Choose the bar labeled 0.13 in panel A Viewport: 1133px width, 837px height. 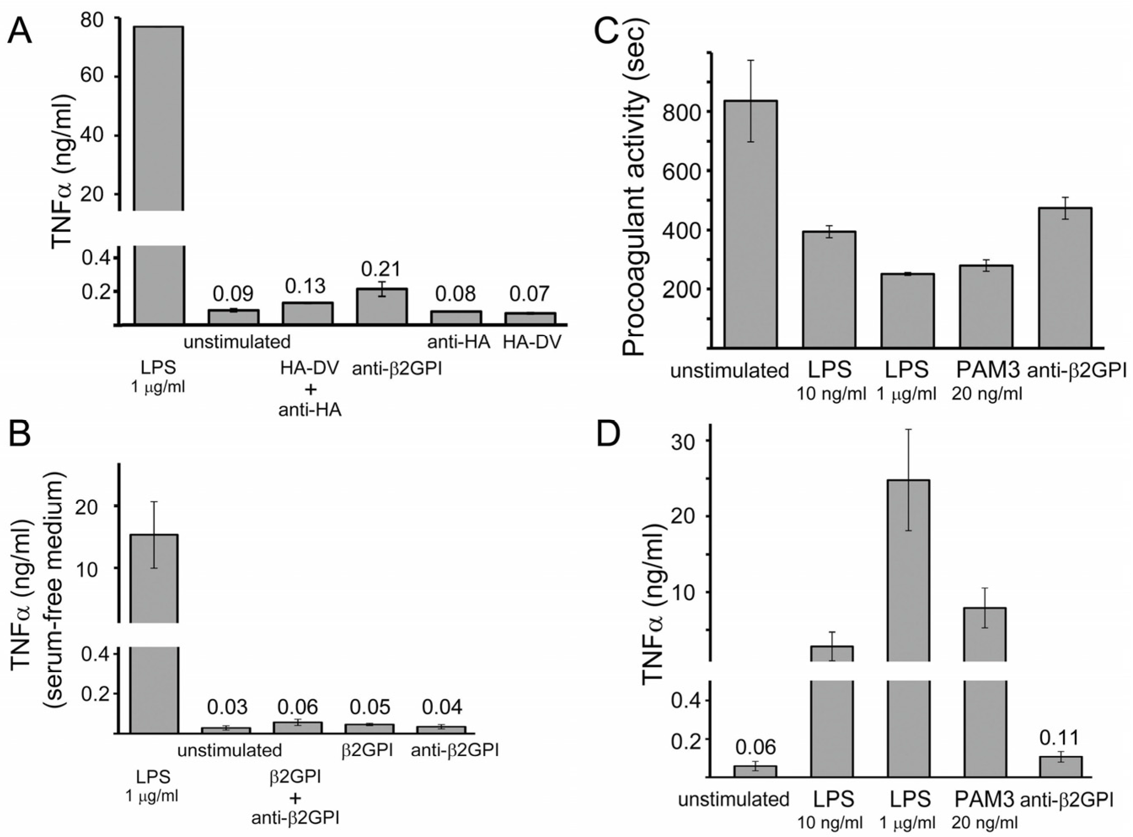307,313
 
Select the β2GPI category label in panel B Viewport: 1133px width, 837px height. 368,750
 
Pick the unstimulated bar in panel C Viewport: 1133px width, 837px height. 750,223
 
